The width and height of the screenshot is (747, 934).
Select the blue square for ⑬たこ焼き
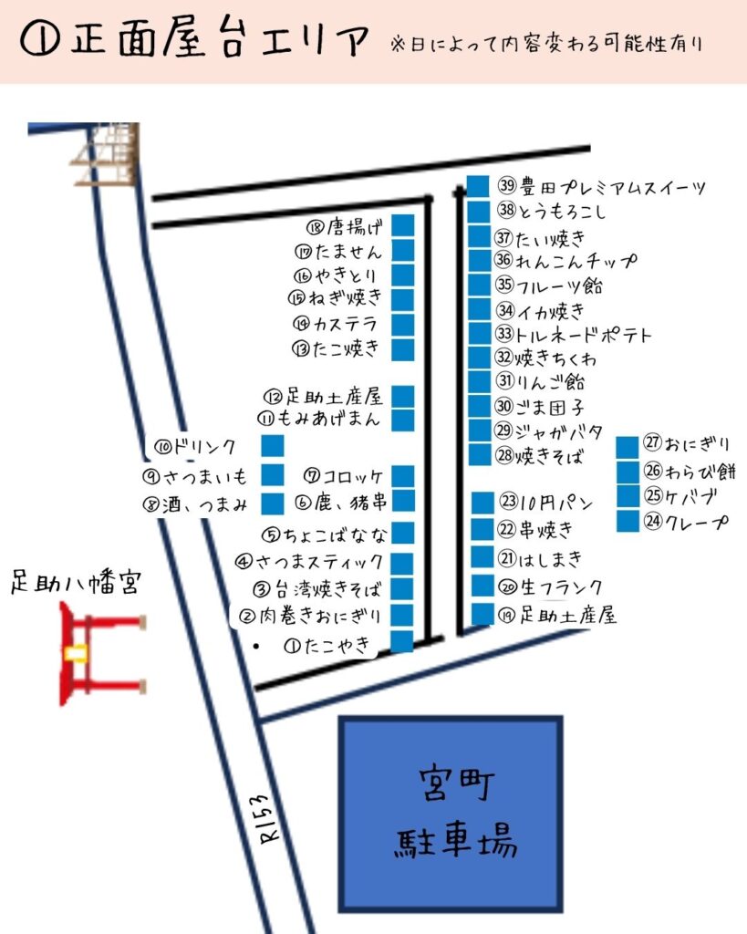pyautogui.click(x=403, y=348)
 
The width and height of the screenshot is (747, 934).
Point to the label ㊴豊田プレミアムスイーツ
pyautogui.click(x=602, y=188)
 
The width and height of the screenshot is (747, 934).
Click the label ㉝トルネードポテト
pyautogui.click(x=574, y=334)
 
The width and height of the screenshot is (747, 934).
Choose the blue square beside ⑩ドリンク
pyautogui.click(x=273, y=446)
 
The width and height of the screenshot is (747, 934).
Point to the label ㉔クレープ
pyautogui.click(x=687, y=522)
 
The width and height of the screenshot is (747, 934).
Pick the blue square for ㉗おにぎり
pyautogui.click(x=627, y=447)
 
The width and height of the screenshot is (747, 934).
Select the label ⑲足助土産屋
pyautogui.click(x=557, y=616)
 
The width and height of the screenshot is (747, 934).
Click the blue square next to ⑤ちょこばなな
pyautogui.click(x=403, y=533)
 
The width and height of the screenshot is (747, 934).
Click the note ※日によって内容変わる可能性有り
pyautogui.click(x=547, y=44)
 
